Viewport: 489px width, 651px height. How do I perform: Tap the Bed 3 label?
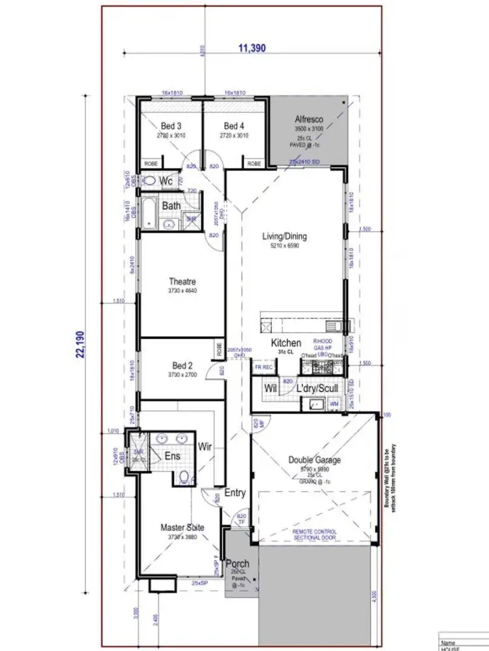click(171, 126)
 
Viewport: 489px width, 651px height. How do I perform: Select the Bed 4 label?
click(234, 126)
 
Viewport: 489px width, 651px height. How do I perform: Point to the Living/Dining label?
click(284, 237)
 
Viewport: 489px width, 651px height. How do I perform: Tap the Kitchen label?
click(286, 343)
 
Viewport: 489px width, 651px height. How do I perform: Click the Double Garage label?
click(314, 460)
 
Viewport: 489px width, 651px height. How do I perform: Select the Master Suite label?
click(183, 527)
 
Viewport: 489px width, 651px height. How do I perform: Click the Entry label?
click(235, 493)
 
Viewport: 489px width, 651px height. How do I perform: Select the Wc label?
click(166, 181)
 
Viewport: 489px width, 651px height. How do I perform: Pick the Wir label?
click(206, 446)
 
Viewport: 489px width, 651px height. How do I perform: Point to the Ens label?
click(172, 457)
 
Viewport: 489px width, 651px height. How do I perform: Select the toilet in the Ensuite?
click(185, 477)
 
